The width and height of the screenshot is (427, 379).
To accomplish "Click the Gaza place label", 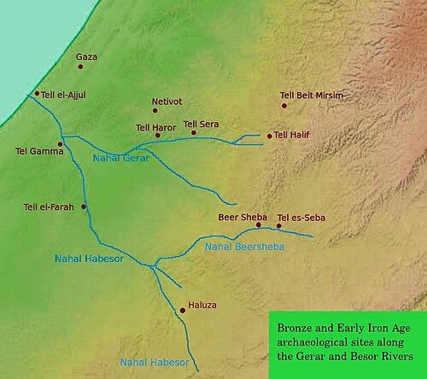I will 86,57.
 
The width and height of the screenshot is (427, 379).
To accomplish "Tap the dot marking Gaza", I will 80,67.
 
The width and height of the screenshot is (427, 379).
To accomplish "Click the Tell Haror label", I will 155,127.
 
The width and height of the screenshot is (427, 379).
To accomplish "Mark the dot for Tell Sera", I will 194,132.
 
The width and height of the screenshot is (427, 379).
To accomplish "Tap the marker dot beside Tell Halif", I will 269,136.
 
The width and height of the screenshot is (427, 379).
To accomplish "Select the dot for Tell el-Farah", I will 84,207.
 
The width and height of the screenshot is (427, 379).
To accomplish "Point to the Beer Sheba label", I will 243,217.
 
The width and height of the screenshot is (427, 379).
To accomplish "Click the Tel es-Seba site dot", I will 278,226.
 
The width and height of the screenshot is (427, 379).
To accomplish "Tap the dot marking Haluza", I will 182,311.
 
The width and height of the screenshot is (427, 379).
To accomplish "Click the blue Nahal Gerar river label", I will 120,159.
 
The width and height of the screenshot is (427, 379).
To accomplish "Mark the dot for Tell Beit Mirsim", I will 284,106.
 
